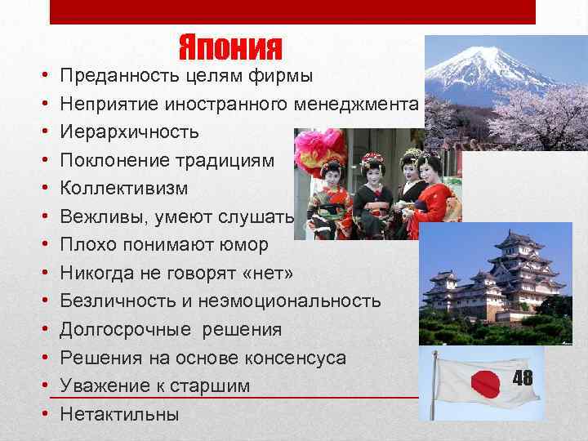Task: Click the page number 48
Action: (x=523, y=377)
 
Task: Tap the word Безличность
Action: (x=118, y=301)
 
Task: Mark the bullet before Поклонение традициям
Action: (x=42, y=161)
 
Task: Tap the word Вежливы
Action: (x=100, y=217)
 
